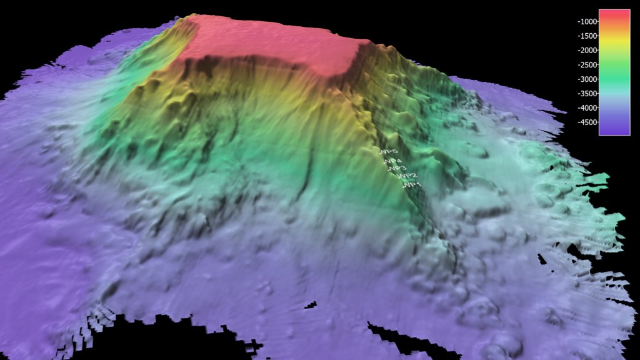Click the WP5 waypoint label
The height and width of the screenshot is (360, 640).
pyautogui.click(x=389, y=152)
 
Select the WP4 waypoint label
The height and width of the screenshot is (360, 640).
pyautogui.click(x=393, y=162)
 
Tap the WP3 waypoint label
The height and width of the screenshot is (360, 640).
pyautogui.click(x=398, y=169)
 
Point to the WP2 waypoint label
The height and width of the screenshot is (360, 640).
pyautogui.click(x=407, y=176)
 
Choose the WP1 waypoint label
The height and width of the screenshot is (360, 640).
pyautogui.click(x=412, y=186)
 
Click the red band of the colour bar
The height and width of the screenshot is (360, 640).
pyautogui.click(x=614, y=19)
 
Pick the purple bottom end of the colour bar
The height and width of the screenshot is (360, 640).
pyautogui.click(x=614, y=128)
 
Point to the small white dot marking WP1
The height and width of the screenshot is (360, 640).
pyautogui.click(x=404, y=186)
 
